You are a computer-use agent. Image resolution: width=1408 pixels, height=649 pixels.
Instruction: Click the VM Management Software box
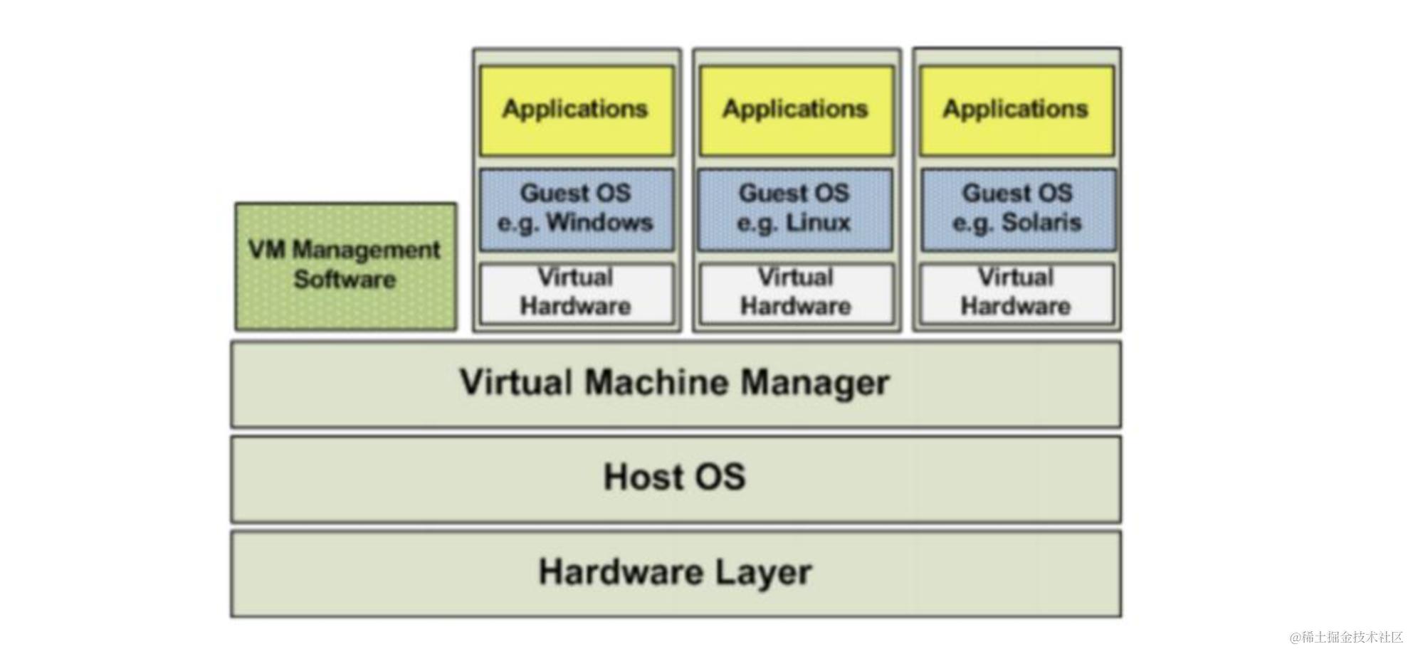345,265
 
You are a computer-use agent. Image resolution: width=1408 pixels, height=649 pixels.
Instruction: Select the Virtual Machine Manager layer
675,384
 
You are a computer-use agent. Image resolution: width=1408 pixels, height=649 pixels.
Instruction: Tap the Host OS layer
675,478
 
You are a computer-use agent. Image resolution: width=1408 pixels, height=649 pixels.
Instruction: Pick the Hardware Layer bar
675,573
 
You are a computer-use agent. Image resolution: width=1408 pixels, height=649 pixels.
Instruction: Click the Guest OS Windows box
576,209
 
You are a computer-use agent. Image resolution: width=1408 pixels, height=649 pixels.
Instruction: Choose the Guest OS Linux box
794,209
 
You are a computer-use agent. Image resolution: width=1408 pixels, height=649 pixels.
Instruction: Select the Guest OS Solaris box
1017,209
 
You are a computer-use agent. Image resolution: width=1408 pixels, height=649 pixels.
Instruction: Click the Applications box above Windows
576,110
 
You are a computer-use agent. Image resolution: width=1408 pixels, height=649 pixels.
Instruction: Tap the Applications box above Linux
796,110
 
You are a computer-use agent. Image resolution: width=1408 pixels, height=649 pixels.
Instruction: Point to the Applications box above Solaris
1016,110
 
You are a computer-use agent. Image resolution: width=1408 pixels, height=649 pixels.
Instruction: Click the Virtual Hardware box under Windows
576,292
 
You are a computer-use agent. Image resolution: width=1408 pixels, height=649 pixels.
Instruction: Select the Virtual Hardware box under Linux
796,292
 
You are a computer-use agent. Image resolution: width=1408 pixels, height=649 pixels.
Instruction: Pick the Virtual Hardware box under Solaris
1016,292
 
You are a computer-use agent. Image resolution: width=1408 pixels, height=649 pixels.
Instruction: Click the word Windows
599,223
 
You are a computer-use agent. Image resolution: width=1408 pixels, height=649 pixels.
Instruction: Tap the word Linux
818,223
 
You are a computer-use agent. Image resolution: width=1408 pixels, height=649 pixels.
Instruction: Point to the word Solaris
1041,223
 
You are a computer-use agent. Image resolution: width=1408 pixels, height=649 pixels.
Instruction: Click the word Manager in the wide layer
815,384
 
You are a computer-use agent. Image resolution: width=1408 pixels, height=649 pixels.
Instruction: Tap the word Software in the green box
345,280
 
